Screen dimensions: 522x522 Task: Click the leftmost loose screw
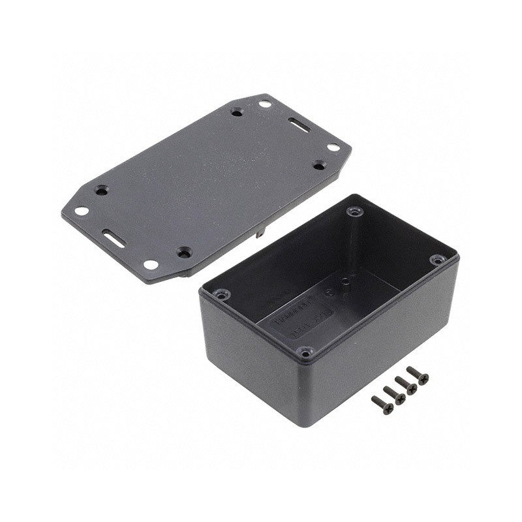tap(383, 405)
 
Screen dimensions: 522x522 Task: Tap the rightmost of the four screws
tap(418, 375)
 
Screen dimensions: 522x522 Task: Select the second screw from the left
tap(395, 395)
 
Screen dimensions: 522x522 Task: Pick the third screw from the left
tap(406, 385)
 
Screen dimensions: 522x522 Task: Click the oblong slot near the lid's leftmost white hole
tap(114, 238)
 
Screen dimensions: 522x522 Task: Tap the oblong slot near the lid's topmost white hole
tap(299, 124)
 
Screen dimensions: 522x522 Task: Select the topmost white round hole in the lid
tap(265, 104)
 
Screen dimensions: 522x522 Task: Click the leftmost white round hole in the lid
tap(82, 211)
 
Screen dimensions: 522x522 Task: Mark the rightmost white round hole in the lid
tap(333, 147)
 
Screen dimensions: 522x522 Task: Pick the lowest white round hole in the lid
tap(151, 265)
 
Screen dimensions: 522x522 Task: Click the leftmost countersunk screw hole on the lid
tap(101, 191)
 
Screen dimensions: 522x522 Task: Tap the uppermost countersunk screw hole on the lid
tap(237, 112)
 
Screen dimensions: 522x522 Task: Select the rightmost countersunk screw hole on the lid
tap(319, 165)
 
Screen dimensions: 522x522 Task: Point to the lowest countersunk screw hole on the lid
tap(185, 252)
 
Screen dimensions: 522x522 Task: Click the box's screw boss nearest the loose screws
tap(305, 352)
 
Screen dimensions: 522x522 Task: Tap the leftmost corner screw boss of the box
tap(222, 296)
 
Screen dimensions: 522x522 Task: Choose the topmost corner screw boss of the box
tap(354, 211)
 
